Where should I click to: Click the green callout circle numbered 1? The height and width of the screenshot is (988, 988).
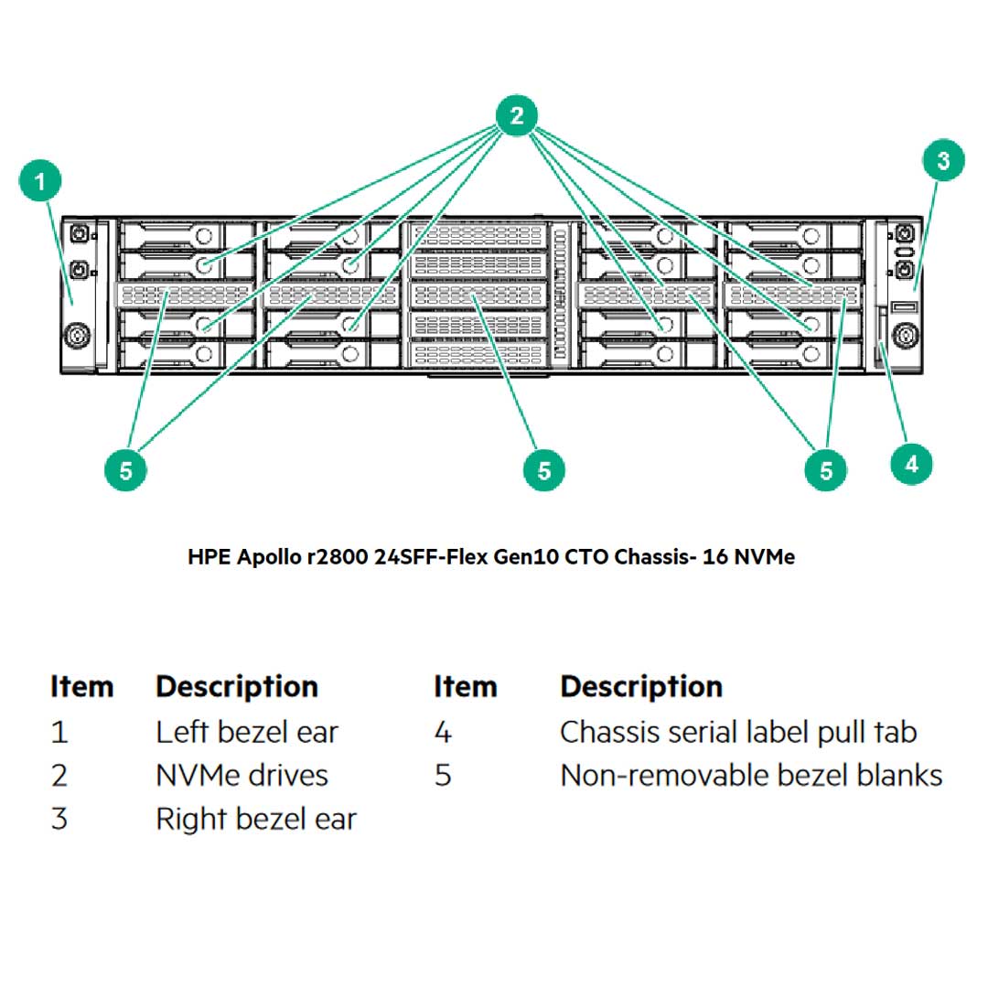pos(39,183)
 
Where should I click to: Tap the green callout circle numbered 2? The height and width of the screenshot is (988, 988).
pos(517,116)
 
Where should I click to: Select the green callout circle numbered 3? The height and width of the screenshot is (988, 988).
pos(942,162)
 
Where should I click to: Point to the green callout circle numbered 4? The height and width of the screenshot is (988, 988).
pos(911,464)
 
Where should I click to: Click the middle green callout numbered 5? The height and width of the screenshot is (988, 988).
pos(544,470)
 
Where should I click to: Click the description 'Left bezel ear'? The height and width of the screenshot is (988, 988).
pos(246,732)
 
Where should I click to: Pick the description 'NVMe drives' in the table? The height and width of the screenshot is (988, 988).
pos(242,776)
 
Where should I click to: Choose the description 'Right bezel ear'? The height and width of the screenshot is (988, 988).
pos(255,819)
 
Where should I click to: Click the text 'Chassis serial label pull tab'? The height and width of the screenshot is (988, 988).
pos(737,732)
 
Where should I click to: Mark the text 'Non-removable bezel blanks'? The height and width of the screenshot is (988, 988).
pos(750,776)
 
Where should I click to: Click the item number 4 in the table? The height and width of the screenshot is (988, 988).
pos(443,732)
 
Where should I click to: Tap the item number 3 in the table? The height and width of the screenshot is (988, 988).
pos(59,819)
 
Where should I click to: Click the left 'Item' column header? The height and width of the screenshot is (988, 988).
pos(82,687)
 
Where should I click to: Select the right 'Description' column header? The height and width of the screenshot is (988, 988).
pos(640,687)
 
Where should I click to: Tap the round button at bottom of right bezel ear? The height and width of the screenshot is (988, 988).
pos(905,336)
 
